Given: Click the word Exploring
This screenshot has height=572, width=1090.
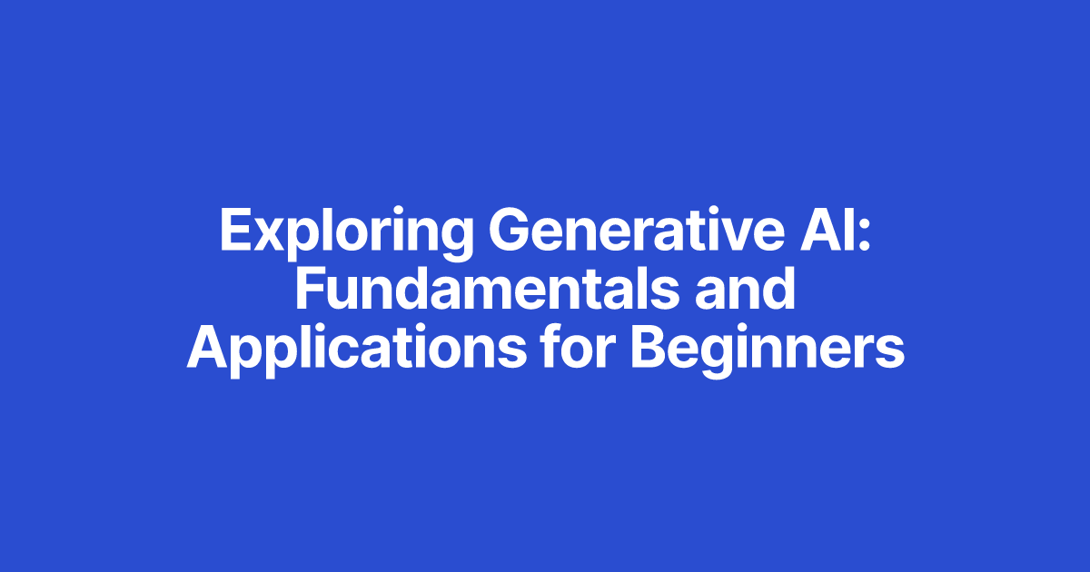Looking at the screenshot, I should (346, 232).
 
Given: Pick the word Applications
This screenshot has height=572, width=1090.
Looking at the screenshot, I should (357, 350).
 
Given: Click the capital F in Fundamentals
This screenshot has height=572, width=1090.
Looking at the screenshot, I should (310, 290).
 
